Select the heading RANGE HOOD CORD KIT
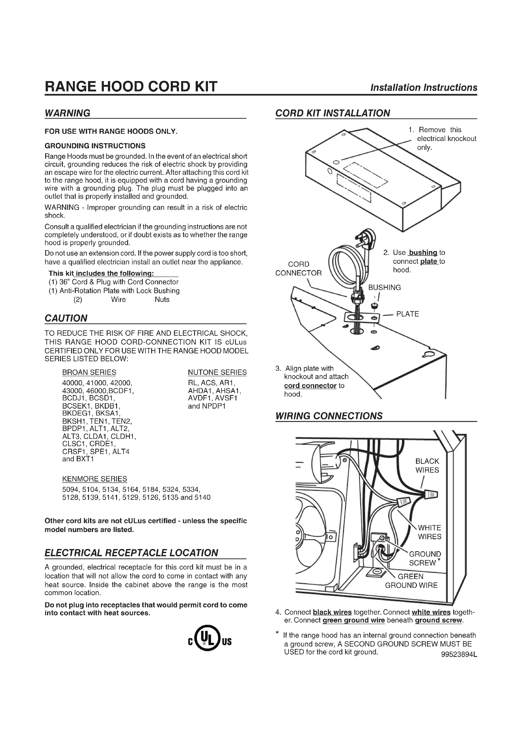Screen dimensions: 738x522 coord(131,86)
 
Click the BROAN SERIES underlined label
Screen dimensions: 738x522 coord(89,372)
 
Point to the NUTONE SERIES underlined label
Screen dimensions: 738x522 coord(217,372)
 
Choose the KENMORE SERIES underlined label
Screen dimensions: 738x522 coord(94,479)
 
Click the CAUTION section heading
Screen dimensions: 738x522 coord(66,318)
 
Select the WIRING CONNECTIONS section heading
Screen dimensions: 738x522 coord(329,416)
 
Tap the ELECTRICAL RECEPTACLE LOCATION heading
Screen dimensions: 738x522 coord(131,553)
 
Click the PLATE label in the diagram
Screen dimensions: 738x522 coord(407,314)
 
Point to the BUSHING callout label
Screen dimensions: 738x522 coord(384,287)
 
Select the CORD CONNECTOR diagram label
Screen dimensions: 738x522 coord(298,269)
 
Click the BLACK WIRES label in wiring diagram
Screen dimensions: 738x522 coord(427,465)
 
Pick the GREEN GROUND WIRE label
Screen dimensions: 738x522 coord(411,581)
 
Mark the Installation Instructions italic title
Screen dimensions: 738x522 coord(424,87)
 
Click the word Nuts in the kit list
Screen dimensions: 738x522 coord(162,299)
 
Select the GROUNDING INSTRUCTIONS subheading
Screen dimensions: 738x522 coord(95,146)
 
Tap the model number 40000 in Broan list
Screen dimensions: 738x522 coord(72,383)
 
